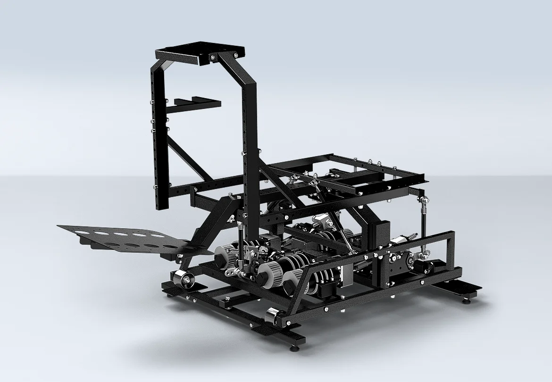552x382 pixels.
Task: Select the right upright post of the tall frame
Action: [x=250, y=156]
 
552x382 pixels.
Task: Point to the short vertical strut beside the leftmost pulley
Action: [x=241, y=245]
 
